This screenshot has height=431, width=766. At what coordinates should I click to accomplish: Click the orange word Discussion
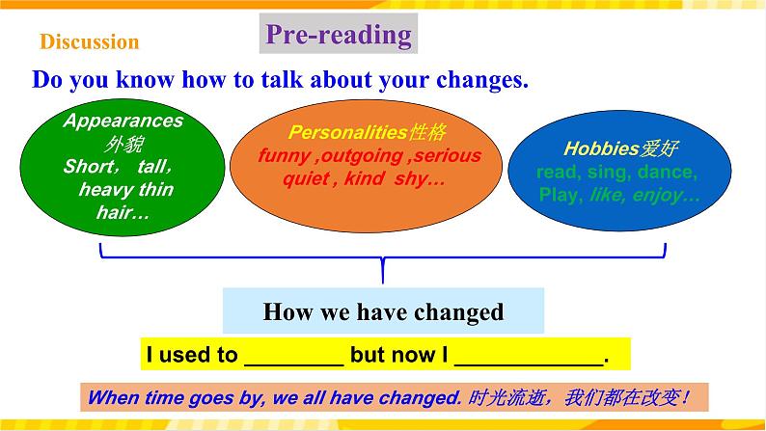point(90,42)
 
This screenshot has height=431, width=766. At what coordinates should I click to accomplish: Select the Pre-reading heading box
point(338,36)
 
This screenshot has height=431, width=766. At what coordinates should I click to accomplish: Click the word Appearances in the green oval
point(122,121)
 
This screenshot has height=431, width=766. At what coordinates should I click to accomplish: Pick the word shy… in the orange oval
point(421,178)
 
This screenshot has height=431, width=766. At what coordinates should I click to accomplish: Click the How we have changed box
point(383,312)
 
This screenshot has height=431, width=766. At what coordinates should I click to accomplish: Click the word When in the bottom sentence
point(113,397)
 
